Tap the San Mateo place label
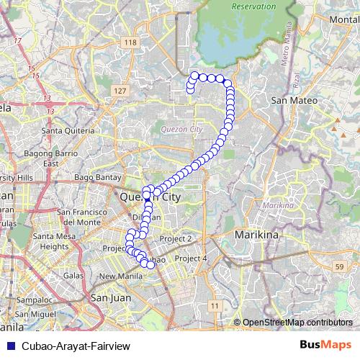(x=293, y=101)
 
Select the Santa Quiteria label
(x=68, y=131)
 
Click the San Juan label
(x=109, y=296)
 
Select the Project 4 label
(x=191, y=258)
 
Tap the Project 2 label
(x=176, y=238)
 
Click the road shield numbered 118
(x=130, y=43)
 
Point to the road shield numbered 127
(x=120, y=91)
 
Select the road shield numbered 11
(x=214, y=307)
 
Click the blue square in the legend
(x=11, y=346)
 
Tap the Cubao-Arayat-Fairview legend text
(x=71, y=346)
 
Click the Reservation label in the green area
(x=253, y=6)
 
